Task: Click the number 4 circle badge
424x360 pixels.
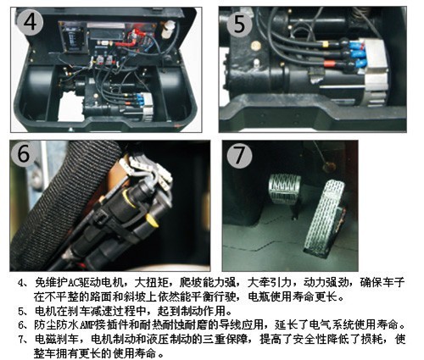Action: (x=30, y=22)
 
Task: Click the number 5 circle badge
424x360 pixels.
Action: (x=239, y=25)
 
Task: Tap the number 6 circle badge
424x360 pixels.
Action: (x=24, y=154)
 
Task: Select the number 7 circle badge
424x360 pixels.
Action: (x=239, y=156)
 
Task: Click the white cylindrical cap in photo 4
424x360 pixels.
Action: (x=167, y=29)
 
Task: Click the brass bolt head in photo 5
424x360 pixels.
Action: (x=255, y=45)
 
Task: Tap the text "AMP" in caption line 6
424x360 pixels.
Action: (x=87, y=325)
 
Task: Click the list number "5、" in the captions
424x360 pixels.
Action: (x=24, y=311)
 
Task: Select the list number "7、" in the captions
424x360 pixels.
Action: (x=24, y=340)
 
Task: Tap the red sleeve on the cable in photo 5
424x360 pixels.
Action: (x=329, y=63)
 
